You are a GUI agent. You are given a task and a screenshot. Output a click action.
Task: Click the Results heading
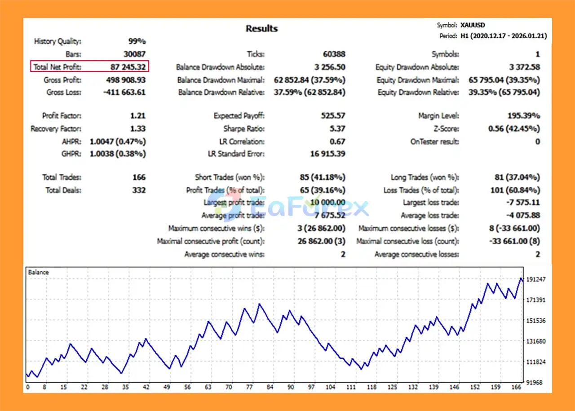click(261, 29)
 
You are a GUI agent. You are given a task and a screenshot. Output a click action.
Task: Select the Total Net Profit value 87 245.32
click(128, 67)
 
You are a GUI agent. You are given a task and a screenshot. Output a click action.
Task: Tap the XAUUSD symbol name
click(473, 26)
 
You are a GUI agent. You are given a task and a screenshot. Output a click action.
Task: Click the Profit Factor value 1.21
click(137, 116)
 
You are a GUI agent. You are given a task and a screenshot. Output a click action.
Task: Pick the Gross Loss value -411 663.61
click(120, 93)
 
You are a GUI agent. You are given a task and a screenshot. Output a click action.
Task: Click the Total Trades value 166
click(139, 177)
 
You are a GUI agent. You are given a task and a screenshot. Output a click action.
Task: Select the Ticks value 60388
click(334, 54)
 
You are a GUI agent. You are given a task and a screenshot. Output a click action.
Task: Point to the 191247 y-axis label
click(536, 279)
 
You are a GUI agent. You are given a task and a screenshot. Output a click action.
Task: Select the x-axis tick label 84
click(270, 387)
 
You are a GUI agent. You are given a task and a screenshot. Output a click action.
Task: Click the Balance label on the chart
click(38, 272)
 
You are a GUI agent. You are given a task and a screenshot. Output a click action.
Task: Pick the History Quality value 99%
click(137, 42)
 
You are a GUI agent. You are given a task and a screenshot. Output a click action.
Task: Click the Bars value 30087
click(134, 54)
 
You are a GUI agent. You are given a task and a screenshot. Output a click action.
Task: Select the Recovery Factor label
click(56, 129)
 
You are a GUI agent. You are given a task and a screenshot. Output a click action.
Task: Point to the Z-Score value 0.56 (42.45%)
click(514, 129)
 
